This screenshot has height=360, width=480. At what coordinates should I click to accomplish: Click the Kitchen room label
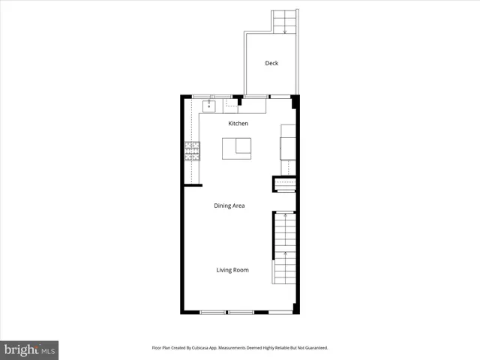click(238, 123)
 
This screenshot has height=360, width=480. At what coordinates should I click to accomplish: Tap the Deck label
click(271, 63)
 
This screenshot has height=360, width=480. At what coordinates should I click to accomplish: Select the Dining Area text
click(229, 205)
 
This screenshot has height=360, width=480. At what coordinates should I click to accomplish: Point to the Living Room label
click(232, 270)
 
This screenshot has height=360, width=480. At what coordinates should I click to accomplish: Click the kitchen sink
click(209, 106)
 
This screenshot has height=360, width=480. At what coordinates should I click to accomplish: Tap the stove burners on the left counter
click(193, 151)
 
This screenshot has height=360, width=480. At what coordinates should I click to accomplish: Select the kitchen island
click(237, 148)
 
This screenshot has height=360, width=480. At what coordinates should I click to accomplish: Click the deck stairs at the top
click(284, 22)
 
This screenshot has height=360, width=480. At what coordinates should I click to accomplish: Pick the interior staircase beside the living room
click(284, 247)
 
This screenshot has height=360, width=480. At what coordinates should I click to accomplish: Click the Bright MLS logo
click(29, 349)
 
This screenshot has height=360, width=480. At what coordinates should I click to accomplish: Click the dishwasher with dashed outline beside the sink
click(230, 106)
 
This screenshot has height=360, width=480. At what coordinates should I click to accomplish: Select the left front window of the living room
click(213, 311)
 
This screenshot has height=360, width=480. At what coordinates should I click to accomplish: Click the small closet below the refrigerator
click(285, 184)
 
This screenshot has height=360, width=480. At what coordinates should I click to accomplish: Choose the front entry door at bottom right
click(281, 311)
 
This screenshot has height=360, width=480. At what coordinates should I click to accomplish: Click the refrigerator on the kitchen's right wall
click(288, 142)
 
